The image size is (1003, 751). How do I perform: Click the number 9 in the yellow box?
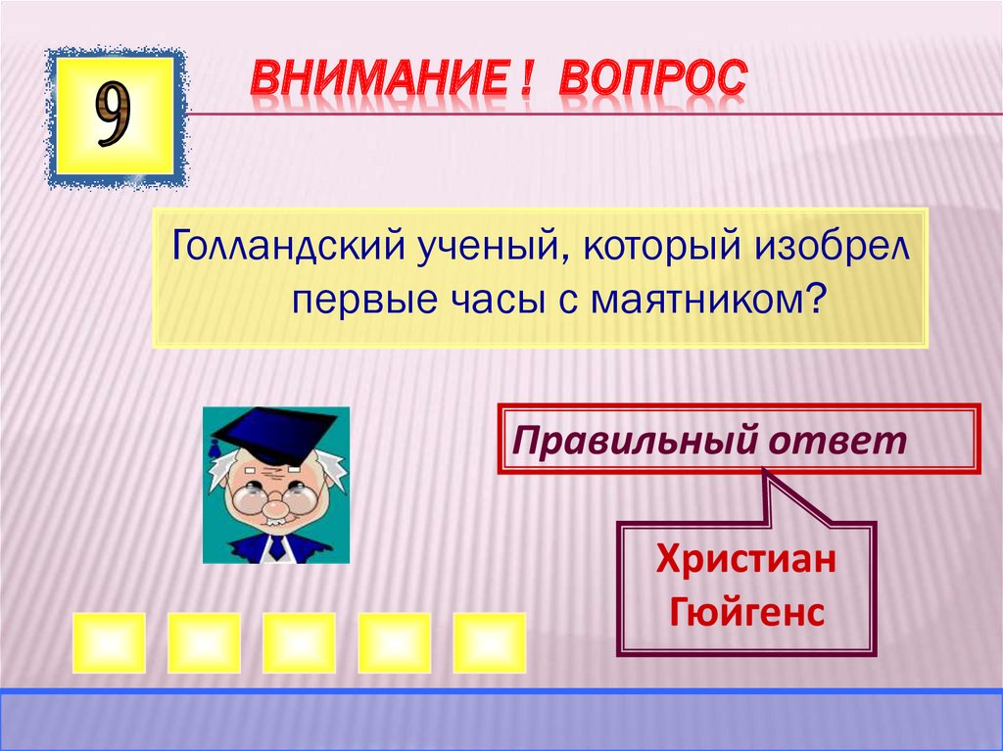pos(114,117)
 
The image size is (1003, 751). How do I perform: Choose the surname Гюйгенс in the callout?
pos(746,613)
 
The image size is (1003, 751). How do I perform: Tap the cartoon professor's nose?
pos(276,507)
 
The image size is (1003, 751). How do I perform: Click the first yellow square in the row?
pos(109,642)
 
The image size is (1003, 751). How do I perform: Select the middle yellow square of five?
pos(299,642)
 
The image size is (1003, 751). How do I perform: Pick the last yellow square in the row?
pos(489,642)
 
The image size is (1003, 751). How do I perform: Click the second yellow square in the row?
pos(204,642)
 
